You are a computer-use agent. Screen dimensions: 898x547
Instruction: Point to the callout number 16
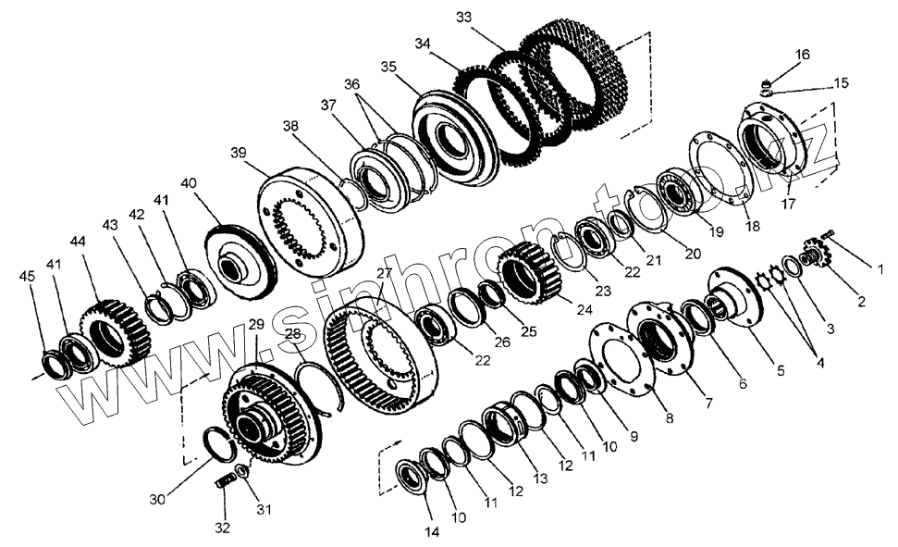pos(802,55)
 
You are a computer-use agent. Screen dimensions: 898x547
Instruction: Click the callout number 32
pos(222,528)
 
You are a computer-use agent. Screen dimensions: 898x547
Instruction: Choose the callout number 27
pos(384,274)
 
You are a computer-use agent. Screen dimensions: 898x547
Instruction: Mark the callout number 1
pos(880,269)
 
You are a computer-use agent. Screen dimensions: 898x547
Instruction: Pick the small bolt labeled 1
pos(826,240)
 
